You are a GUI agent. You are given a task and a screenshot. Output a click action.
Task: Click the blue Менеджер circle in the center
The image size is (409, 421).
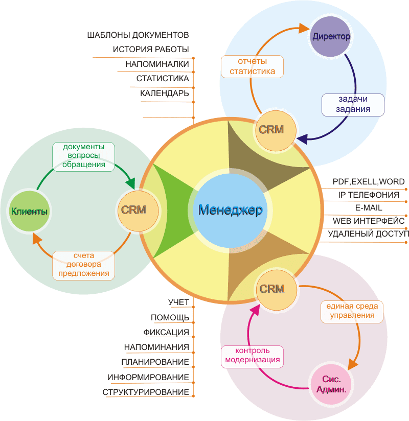(230, 211)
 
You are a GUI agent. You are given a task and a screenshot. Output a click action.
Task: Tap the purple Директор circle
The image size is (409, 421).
(331, 36)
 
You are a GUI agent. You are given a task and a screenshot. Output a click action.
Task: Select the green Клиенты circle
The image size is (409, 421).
(29, 211)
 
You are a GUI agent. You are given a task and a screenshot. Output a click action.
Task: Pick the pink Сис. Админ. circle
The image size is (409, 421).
(331, 384)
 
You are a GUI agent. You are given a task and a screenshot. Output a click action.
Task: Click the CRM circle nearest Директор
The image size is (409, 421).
(276, 130)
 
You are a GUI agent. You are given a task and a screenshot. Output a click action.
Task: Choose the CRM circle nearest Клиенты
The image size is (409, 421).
(138, 211)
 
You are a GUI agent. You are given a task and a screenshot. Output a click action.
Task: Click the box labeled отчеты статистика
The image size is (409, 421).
(252, 66)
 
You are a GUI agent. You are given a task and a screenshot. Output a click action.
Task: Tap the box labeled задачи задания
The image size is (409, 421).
(353, 105)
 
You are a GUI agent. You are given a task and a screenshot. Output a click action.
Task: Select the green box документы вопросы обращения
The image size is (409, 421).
(83, 157)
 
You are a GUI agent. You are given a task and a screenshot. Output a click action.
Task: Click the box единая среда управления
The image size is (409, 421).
(352, 312)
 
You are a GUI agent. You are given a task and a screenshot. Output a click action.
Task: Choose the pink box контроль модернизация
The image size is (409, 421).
(252, 357)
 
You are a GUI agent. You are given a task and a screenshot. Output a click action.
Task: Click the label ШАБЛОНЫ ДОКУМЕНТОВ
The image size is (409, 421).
(138, 35)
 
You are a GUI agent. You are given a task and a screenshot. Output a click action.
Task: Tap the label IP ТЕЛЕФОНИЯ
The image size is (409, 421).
(369, 195)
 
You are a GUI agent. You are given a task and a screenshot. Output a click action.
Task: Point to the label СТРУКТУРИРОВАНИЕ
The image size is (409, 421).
(146, 392)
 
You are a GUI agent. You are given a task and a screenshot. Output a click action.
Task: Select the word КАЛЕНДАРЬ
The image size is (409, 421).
(165, 93)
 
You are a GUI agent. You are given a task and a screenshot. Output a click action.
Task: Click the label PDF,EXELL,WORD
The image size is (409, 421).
(369, 182)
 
